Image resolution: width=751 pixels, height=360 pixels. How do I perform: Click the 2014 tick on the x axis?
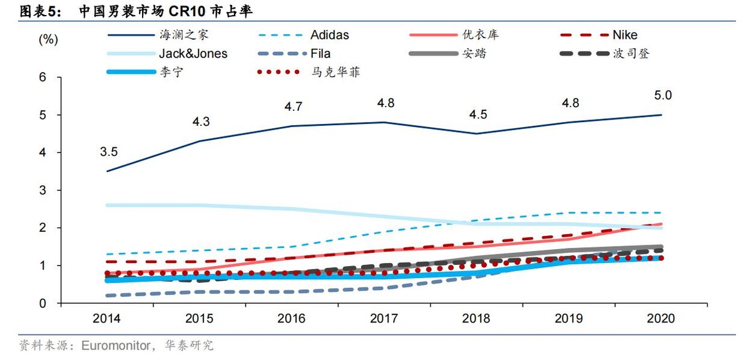[x=108, y=318]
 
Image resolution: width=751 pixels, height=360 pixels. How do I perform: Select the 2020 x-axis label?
[x=662, y=318]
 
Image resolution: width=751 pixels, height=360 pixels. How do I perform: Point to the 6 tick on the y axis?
[x=43, y=78]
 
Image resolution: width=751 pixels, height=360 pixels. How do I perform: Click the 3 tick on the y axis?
[x=43, y=190]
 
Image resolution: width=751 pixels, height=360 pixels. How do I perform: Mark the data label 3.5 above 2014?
[x=108, y=151]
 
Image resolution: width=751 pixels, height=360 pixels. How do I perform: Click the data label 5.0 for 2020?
[x=663, y=95]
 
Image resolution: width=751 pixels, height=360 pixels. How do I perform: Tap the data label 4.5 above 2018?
[x=478, y=114]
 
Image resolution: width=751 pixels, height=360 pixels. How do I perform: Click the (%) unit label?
[x=48, y=39]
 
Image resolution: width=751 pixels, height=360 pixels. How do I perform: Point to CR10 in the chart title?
[x=186, y=11]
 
